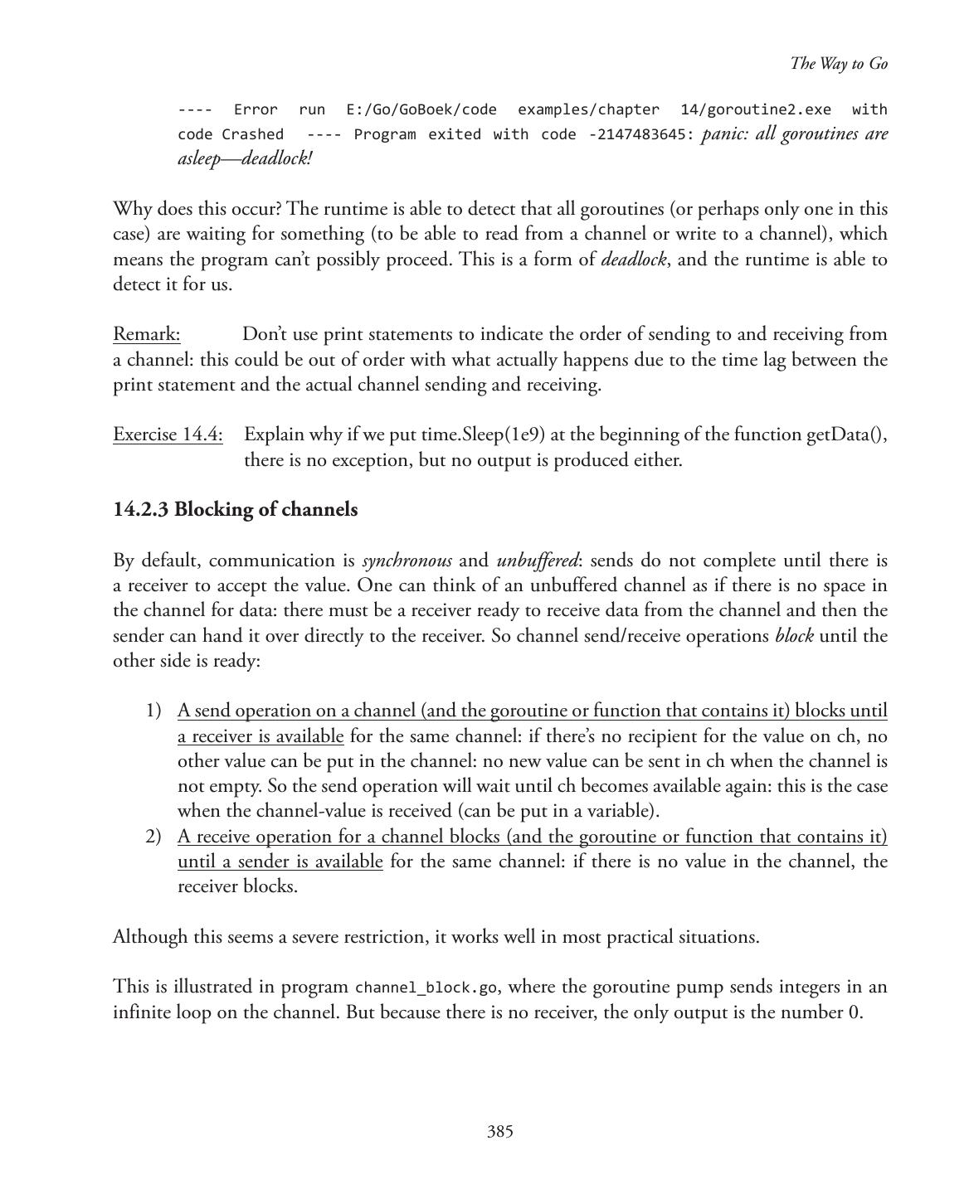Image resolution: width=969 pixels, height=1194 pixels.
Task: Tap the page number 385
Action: (x=499, y=1132)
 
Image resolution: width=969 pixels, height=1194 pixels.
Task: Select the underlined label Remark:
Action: (x=147, y=334)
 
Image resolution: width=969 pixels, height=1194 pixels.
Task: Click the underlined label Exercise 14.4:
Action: (x=168, y=434)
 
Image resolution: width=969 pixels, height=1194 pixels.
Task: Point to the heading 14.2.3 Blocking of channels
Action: (x=236, y=509)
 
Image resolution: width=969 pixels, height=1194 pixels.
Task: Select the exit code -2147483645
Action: (x=640, y=134)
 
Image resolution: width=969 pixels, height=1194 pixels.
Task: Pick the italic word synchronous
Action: (x=407, y=561)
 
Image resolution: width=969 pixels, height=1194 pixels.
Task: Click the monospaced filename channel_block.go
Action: (x=426, y=988)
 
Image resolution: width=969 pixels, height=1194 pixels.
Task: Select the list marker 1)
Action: (x=153, y=711)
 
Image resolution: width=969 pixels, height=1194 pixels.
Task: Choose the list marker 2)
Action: (x=153, y=836)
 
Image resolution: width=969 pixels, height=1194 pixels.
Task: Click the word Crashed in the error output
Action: (x=252, y=134)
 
